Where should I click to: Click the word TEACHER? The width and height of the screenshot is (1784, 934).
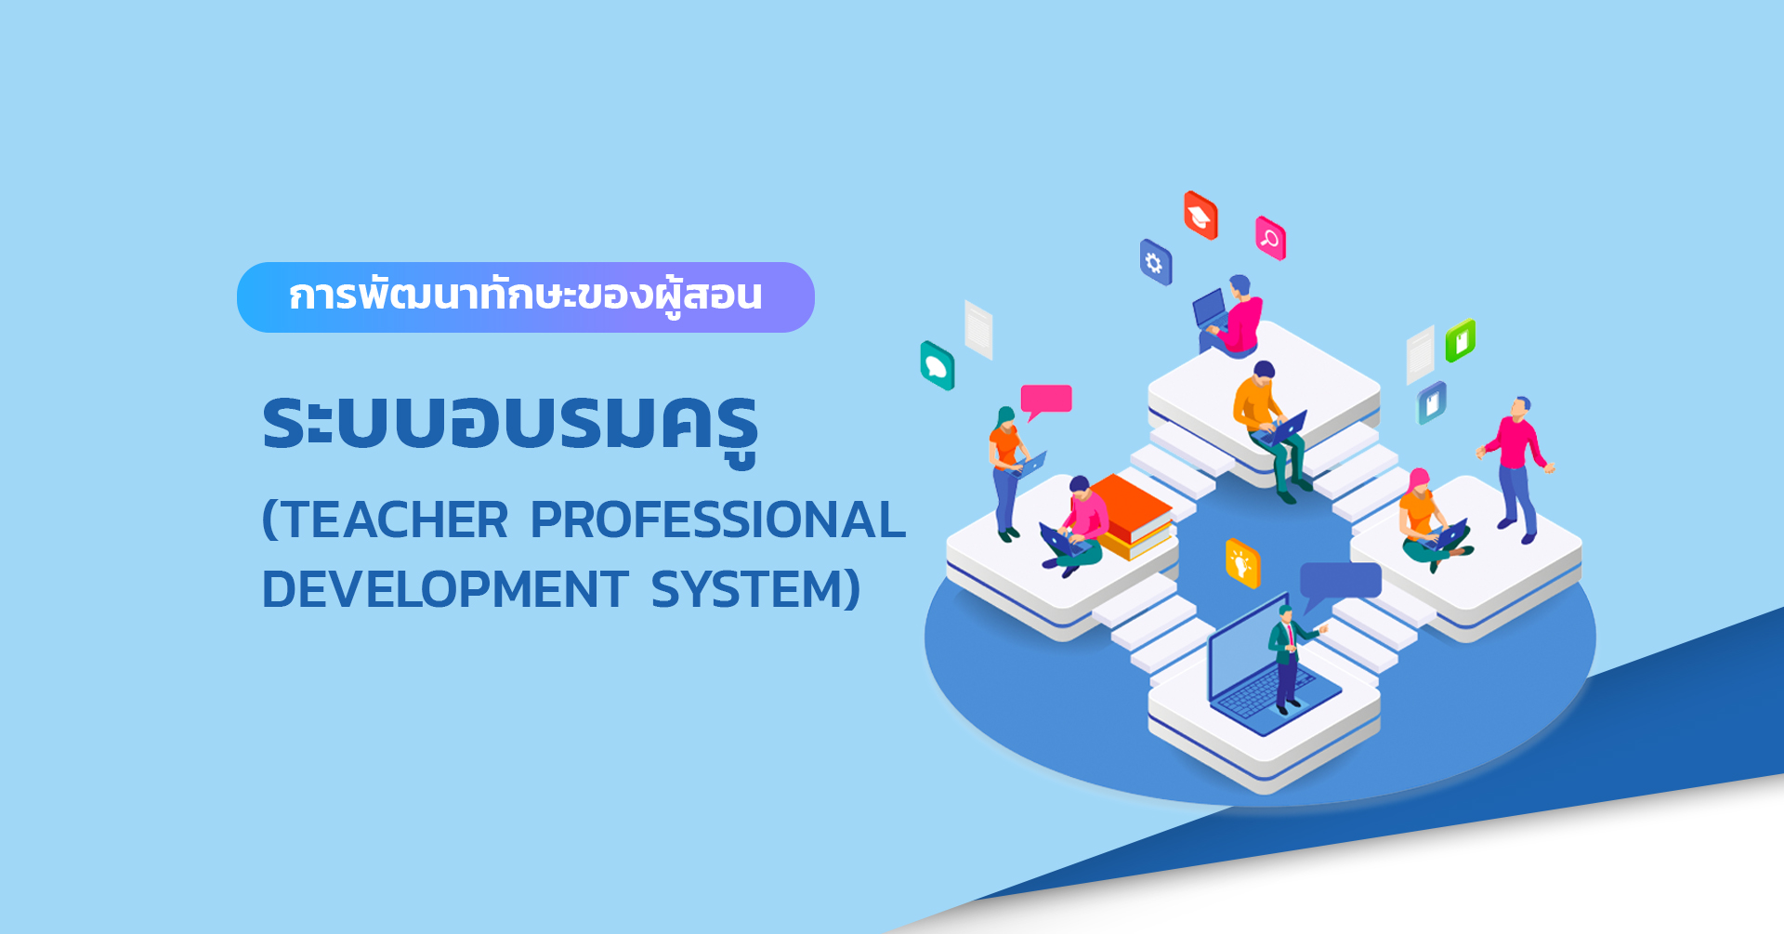coord(393,520)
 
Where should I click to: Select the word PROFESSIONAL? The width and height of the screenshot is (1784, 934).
coord(717,520)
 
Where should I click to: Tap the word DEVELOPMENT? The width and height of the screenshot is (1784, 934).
coord(445,589)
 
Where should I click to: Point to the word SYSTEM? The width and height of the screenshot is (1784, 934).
coord(745,589)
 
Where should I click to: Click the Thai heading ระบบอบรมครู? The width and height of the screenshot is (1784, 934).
coord(510,426)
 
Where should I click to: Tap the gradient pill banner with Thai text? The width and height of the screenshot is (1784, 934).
coord(526,297)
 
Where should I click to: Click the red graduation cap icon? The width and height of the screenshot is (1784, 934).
coord(1200,216)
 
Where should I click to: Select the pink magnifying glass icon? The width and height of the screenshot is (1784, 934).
coord(1270,238)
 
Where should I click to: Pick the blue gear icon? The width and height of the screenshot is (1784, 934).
coord(1156,262)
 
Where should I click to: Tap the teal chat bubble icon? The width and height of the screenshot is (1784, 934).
coord(937,365)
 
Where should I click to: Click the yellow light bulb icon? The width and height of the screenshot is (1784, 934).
coord(1242,562)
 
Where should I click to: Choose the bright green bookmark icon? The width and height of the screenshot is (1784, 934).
coord(1460,340)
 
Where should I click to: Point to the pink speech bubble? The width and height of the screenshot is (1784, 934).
coord(1046,401)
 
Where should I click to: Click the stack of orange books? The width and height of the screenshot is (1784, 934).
coord(1131,517)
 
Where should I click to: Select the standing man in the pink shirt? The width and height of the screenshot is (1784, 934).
coord(1515,469)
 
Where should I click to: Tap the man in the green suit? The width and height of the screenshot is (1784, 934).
coord(1290,658)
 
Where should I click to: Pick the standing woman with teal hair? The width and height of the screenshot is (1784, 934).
coord(1009,472)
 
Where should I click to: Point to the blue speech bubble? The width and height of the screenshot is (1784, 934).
coord(1339,584)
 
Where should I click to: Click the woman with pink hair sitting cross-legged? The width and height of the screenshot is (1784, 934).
coord(1429,522)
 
